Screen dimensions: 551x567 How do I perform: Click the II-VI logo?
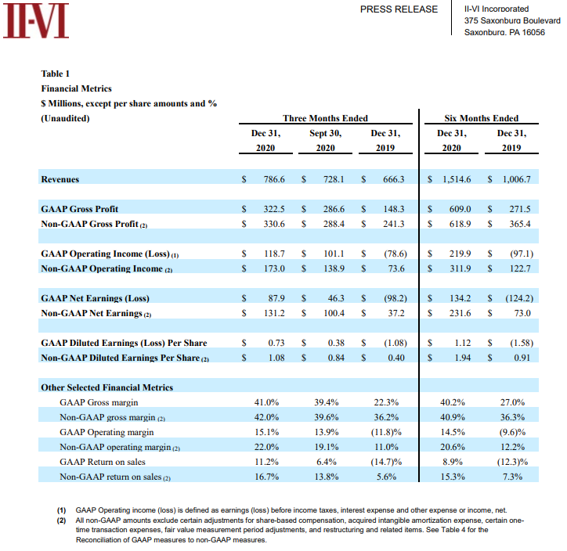point(36,21)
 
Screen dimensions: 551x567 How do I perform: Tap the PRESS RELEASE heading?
point(399,9)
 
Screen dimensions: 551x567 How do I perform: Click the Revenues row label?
point(60,179)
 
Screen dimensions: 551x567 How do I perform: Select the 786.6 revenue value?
point(274,179)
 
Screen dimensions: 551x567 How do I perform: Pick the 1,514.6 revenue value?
point(456,179)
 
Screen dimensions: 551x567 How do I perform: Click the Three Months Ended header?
point(325,118)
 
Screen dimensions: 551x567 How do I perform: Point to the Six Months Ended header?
point(481,118)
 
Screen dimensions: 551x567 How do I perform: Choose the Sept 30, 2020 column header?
point(325,140)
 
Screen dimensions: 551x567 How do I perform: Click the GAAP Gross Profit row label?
point(79,209)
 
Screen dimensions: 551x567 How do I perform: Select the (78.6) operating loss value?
point(394,254)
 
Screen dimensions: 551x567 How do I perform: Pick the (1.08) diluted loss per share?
point(394,343)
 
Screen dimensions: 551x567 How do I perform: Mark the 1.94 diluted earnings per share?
point(460,358)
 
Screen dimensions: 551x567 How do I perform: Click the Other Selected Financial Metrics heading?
point(107,387)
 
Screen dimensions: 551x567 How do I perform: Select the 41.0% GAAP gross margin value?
point(267,402)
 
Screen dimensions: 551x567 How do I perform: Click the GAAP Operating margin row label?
point(107,431)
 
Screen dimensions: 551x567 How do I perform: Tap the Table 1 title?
point(55,74)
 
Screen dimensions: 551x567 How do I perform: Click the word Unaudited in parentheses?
point(64,118)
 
